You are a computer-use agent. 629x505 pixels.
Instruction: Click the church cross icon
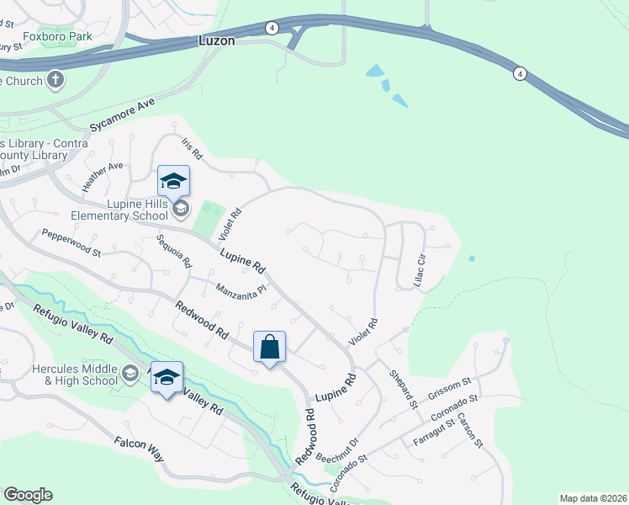(55, 81)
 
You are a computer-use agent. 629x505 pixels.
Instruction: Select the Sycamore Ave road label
(123, 117)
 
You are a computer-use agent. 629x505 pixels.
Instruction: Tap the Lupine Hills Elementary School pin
(173, 182)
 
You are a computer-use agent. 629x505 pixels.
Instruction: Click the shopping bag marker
(269, 347)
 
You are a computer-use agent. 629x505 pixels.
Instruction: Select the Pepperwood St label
(71, 243)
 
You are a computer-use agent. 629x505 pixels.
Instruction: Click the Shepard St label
(403, 389)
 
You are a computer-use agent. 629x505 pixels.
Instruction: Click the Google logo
(28, 495)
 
